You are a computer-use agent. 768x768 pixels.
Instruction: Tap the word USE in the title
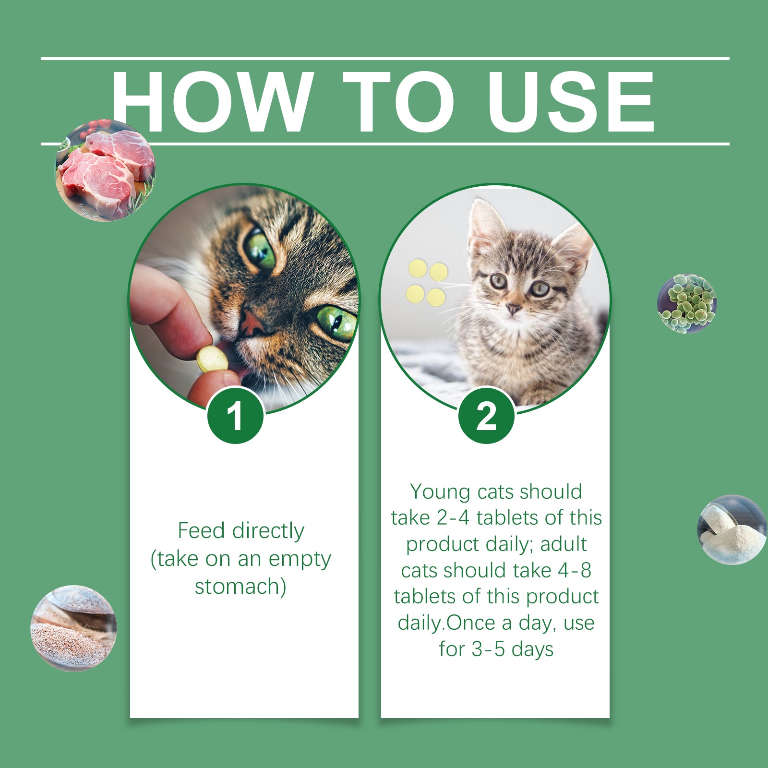click(x=571, y=102)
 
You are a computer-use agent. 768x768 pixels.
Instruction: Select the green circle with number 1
click(x=235, y=416)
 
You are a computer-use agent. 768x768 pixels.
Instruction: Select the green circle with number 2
click(x=486, y=416)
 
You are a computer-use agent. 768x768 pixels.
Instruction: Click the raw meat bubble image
click(x=105, y=170)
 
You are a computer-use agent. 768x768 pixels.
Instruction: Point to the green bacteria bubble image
click(x=687, y=303)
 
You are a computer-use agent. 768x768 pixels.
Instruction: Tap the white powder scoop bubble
click(x=732, y=530)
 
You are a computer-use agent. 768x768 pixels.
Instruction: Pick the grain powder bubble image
click(x=73, y=628)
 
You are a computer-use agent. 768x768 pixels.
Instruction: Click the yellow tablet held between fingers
click(x=212, y=359)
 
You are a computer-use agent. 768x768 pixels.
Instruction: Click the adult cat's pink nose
click(x=253, y=323)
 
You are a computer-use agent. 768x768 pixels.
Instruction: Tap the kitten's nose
click(x=514, y=308)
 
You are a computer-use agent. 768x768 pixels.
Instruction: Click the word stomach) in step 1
click(x=240, y=587)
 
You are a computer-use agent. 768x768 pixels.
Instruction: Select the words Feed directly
click(x=241, y=531)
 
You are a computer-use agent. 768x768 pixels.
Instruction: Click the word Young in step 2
click(x=440, y=492)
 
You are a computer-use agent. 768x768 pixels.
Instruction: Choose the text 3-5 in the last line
click(x=488, y=649)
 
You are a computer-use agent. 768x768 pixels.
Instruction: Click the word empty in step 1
click(x=300, y=560)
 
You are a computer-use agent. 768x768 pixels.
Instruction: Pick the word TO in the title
click(x=398, y=102)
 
